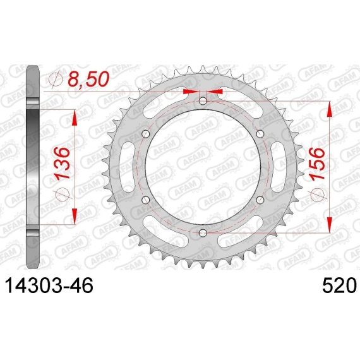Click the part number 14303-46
pos(49,285)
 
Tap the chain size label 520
pos(340,285)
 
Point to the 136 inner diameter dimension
pos(61,163)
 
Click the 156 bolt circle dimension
pos(317,164)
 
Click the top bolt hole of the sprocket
pos(203,100)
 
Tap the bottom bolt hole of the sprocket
pos(203,233)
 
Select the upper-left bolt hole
pos(145,134)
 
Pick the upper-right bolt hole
pos(260,134)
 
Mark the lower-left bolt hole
pos(145,200)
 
